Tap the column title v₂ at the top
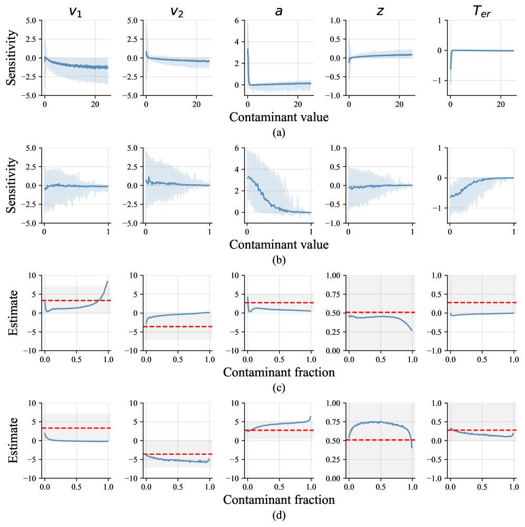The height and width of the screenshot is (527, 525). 177,9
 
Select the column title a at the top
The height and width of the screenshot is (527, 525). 279,9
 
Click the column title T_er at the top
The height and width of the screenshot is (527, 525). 481,9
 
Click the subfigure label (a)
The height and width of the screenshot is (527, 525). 279,132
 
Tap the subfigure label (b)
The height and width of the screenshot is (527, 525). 279,260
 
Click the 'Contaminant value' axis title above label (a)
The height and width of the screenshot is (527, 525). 279,117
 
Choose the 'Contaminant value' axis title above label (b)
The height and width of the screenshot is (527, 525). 279,244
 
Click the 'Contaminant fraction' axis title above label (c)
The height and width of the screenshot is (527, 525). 279,372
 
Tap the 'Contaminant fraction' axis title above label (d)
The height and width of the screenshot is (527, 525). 279,500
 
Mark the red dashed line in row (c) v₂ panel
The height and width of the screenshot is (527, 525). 177,326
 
